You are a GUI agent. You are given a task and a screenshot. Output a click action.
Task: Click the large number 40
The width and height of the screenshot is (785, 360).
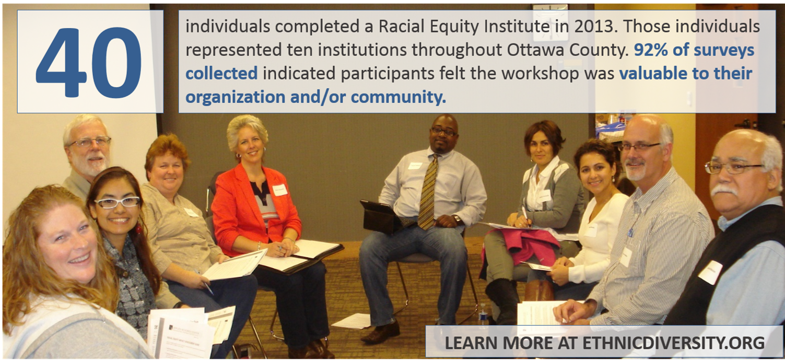point(89,62)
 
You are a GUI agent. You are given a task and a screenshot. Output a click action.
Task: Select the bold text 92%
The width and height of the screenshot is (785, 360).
point(650,50)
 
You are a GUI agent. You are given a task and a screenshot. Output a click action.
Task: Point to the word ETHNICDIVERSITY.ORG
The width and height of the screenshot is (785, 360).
point(673,342)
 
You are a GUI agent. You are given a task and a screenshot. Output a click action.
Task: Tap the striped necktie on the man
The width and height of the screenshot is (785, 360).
point(428,192)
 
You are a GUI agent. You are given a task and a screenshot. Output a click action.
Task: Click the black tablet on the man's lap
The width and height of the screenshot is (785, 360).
point(380,216)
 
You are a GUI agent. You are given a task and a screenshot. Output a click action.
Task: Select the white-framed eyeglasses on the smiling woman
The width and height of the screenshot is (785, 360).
point(117,202)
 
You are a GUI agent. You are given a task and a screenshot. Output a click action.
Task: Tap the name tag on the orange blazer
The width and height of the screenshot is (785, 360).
point(279,190)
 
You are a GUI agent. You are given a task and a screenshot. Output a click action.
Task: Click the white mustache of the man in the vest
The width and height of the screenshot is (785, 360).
point(725,191)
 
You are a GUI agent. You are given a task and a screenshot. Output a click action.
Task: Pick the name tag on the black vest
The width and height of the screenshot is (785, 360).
point(710,272)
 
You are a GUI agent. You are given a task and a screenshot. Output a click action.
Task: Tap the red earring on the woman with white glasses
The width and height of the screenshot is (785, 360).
point(139,229)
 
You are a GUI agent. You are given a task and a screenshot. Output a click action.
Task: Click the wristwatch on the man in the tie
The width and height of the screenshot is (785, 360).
point(457,220)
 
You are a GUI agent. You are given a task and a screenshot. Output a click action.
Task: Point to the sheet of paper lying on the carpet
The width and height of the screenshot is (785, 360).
point(351,321)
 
